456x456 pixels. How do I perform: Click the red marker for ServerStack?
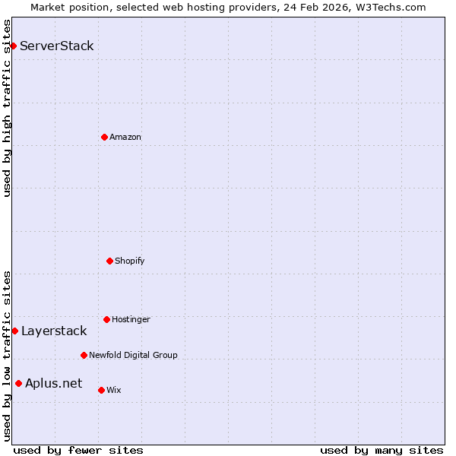point(13,46)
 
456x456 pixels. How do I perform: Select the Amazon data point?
point(104,137)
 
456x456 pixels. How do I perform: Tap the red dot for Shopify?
point(109,261)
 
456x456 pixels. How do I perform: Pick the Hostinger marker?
point(106,319)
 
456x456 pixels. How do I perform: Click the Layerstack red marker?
point(14,331)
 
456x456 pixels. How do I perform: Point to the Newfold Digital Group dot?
point(84,355)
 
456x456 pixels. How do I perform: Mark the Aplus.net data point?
point(18,383)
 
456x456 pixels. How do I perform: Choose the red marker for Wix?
point(101,390)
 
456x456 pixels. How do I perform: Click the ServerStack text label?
point(57,46)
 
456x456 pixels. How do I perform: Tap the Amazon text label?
point(125,137)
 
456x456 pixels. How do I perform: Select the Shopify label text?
point(130,261)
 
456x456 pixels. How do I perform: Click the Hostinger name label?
point(131,319)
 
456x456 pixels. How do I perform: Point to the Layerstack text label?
point(54,331)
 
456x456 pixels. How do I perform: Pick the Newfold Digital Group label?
point(133,355)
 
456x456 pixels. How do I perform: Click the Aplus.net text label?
point(53,383)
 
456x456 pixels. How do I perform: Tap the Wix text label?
point(114,390)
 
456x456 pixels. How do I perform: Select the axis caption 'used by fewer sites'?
point(78,450)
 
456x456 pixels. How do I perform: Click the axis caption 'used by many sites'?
point(382,450)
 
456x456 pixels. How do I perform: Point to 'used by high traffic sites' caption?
point(7,108)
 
